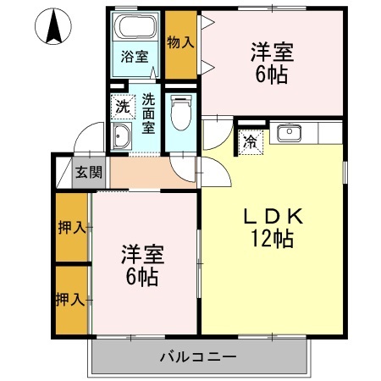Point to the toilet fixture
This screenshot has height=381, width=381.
(x=179, y=109)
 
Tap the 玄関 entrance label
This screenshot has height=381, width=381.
(x=88, y=172)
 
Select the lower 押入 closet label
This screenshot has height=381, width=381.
(x=70, y=299)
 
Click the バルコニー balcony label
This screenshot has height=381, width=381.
(x=197, y=356)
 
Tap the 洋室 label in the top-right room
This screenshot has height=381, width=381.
(x=272, y=52)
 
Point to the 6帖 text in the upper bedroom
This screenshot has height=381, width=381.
(x=272, y=74)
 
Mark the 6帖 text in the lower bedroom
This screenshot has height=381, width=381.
(x=141, y=277)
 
